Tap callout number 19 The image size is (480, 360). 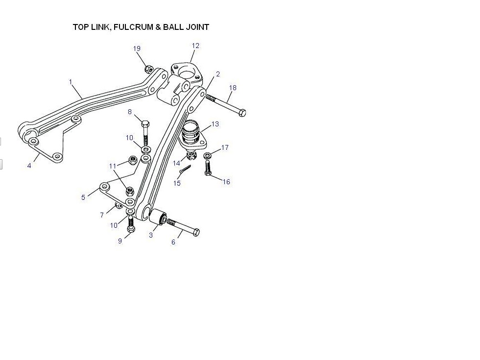tap(137, 48)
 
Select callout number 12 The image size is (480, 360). tap(195, 46)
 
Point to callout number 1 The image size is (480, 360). tap(71, 82)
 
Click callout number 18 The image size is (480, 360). tap(233, 88)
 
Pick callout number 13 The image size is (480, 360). tap(215, 124)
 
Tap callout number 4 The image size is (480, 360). tap(29, 166)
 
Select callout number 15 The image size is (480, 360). tap(177, 183)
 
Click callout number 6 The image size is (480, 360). tap(173, 242)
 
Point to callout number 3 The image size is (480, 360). tap(151, 235)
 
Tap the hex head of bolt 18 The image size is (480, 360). tap(241, 113)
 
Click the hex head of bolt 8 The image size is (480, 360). tap(145, 123)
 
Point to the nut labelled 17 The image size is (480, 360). tap(208, 156)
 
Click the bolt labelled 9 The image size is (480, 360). tap(131, 226)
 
